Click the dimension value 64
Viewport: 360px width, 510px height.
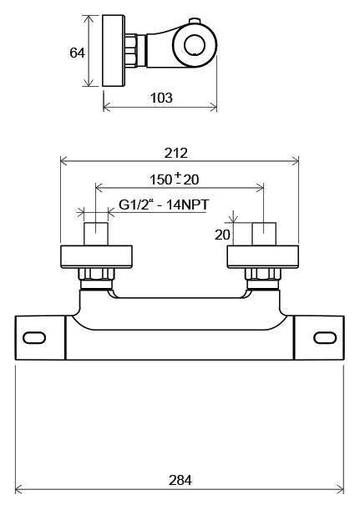coord(77,53)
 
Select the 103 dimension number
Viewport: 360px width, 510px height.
coord(161,98)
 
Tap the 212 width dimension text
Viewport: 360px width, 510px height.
coord(176,153)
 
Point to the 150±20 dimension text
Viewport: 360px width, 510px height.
coord(174,179)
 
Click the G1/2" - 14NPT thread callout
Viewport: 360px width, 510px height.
coord(164,205)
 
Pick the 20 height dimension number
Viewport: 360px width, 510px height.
coord(222,235)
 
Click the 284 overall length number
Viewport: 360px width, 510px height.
coord(180,480)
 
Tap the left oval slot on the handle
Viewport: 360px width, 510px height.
coord(34,337)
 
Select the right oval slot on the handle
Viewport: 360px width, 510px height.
coord(325,337)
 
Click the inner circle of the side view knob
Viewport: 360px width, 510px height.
coord(195,45)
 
